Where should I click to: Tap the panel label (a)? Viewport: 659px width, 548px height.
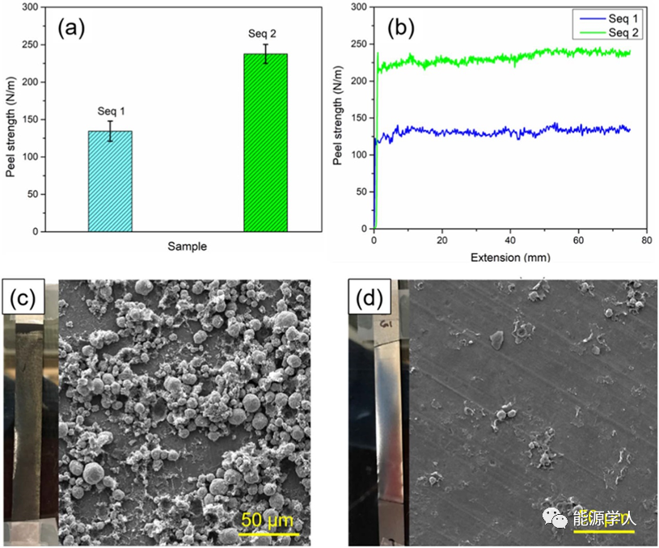70,28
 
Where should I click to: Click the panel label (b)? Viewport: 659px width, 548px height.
401,28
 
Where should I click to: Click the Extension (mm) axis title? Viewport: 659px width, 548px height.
510,258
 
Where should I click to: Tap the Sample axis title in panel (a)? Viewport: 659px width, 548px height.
187,247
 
